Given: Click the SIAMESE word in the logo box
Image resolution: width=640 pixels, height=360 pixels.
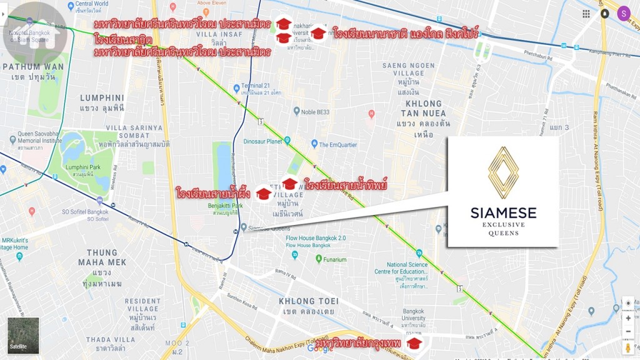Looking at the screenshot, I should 503,213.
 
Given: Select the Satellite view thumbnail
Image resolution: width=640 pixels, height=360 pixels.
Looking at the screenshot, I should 23,336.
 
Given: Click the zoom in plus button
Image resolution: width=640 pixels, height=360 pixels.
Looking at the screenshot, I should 628,318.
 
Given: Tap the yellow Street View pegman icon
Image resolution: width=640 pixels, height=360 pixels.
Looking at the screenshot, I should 628,347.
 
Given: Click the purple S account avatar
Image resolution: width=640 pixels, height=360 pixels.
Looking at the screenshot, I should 623,13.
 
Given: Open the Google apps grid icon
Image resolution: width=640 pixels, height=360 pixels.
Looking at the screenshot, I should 586,14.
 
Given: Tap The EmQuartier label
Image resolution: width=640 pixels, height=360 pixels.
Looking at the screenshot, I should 341,145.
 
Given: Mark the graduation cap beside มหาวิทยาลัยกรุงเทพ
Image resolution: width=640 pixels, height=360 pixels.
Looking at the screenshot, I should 413,344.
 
